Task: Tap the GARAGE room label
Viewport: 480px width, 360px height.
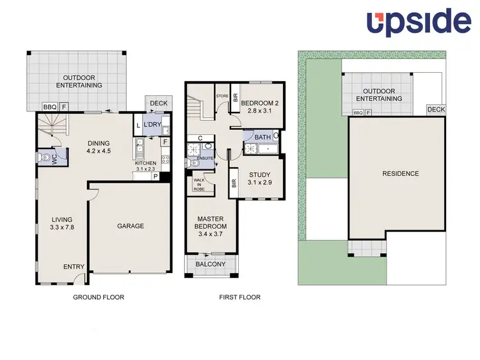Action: tap(130, 226)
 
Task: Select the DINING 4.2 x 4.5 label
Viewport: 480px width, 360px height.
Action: tap(99, 147)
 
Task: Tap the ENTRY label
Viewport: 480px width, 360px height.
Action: tap(74, 267)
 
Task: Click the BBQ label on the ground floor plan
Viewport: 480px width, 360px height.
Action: tap(49, 107)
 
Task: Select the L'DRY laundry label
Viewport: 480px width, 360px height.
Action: tap(152, 124)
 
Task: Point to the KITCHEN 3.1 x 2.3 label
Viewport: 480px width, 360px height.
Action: tap(145, 166)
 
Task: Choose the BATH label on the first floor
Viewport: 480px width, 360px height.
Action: tap(262, 137)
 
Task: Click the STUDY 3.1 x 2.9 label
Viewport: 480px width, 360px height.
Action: tap(260, 178)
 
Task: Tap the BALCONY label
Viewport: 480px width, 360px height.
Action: tap(211, 264)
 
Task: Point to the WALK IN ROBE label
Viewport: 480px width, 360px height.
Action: tap(198, 185)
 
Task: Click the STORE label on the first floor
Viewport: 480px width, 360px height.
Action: tap(222, 97)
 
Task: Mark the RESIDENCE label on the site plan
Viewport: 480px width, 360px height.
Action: tap(401, 173)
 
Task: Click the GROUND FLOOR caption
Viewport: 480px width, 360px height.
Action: tap(99, 297)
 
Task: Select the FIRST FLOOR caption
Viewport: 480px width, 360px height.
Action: tap(239, 297)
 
